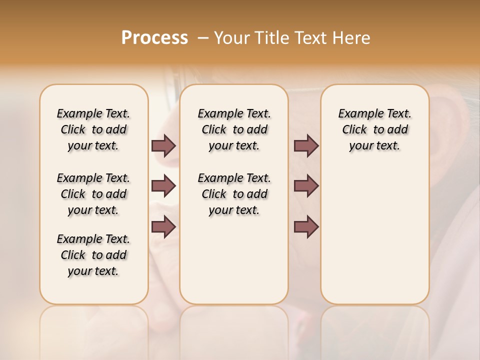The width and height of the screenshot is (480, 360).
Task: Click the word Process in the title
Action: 154,38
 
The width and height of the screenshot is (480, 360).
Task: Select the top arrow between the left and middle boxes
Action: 163,145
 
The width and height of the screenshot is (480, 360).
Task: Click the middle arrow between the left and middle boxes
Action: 163,186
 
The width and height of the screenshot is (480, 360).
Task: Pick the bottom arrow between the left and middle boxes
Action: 163,227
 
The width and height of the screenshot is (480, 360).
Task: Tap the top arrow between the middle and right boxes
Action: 306,145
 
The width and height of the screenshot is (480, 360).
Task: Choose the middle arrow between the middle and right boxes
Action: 306,186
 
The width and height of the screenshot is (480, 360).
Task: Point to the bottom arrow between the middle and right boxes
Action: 306,227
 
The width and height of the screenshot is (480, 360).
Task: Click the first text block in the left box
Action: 93,129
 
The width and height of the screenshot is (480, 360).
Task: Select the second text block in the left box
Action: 93,194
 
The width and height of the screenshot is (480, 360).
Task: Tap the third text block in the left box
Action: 93,255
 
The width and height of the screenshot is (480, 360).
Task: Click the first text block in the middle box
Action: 234,129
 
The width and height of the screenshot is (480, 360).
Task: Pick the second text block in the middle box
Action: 234,194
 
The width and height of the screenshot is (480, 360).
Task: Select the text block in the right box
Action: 375,129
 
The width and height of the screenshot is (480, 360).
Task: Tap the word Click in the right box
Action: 354,130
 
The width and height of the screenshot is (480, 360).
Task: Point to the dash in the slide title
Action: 203,38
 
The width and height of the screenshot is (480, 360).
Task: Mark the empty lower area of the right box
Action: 375,230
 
